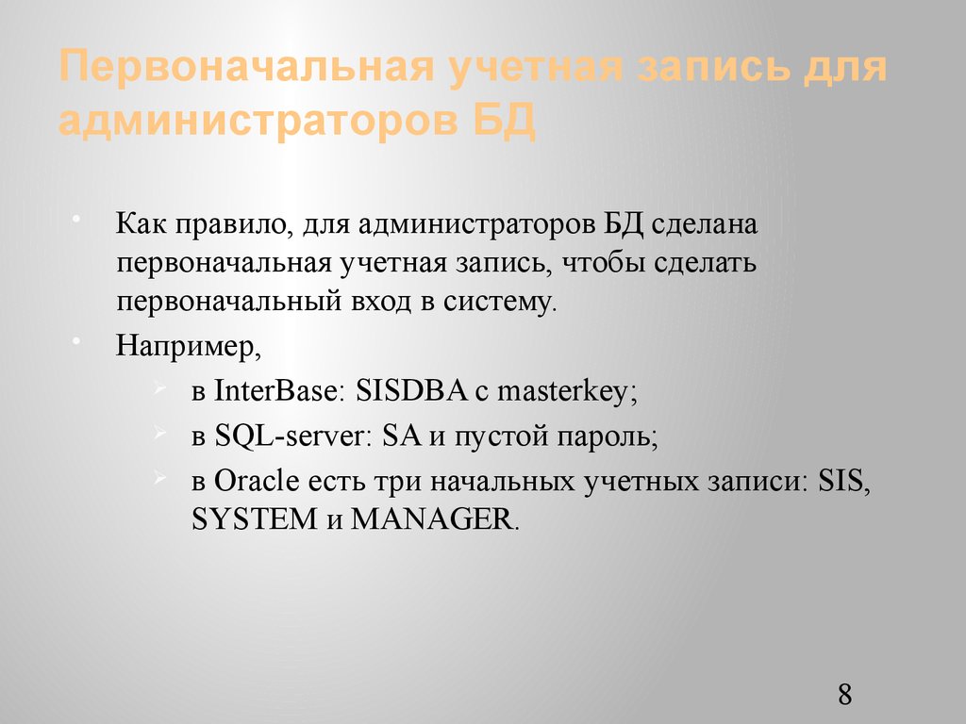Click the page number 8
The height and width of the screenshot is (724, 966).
click(x=844, y=696)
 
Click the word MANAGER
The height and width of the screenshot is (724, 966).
click(x=434, y=519)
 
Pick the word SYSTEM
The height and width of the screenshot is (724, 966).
click(x=253, y=519)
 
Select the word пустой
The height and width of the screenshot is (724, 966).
click(x=500, y=436)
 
